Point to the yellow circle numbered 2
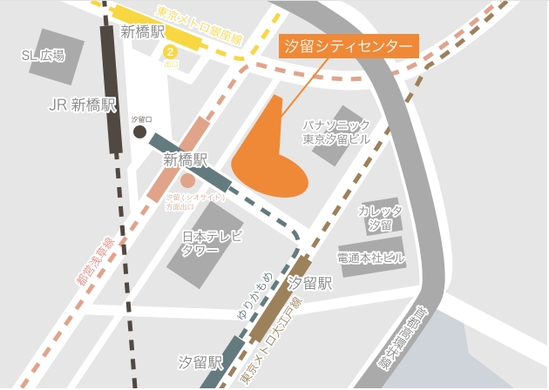click(x=172, y=51)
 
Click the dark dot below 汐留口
click(x=140, y=131)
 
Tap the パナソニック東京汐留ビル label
click(x=336, y=132)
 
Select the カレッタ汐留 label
click(x=380, y=218)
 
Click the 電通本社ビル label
click(x=371, y=259)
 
